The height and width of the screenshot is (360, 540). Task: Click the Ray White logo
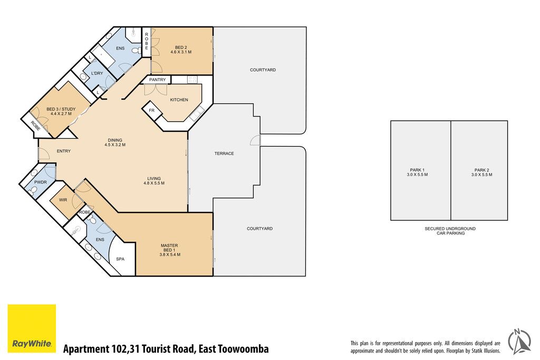(32, 328)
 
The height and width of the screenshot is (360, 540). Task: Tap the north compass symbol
(520, 342)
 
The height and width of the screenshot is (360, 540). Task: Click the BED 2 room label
(181, 47)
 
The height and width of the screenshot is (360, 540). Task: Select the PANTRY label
(157, 80)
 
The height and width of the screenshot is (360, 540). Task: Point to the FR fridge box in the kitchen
(152, 111)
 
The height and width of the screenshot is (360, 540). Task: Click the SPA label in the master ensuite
(120, 259)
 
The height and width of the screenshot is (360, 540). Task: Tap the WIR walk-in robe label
(63, 200)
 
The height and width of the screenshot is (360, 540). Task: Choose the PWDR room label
(41, 182)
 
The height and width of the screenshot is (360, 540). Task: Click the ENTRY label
(64, 151)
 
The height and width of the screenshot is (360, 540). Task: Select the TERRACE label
(224, 153)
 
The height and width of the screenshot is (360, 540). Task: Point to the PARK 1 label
(417, 170)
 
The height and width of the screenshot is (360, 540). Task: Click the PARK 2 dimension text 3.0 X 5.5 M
(482, 174)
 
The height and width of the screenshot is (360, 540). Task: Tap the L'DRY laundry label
(97, 73)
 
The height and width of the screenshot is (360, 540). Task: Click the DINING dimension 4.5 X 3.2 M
(115, 145)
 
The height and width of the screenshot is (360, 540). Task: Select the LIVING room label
(154, 179)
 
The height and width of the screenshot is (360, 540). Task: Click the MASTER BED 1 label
(169, 248)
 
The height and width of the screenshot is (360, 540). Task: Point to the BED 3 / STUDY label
(61, 109)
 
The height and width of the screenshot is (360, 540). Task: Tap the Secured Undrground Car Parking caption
(450, 230)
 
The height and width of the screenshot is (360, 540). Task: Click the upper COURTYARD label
(263, 70)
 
